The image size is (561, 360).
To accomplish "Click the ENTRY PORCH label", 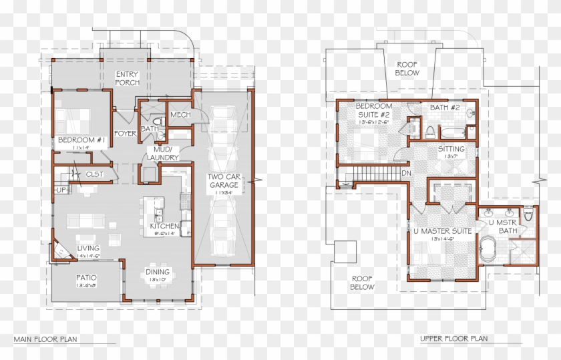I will coord(127,78).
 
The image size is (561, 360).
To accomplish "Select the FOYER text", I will coord(125,134).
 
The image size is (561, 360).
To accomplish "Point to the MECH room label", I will coord(180,115).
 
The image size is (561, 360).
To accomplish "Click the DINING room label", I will coord(158,272).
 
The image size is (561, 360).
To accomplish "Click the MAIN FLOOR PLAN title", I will coord(45,339).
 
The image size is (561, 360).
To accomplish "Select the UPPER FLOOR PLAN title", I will coord(453,339).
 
